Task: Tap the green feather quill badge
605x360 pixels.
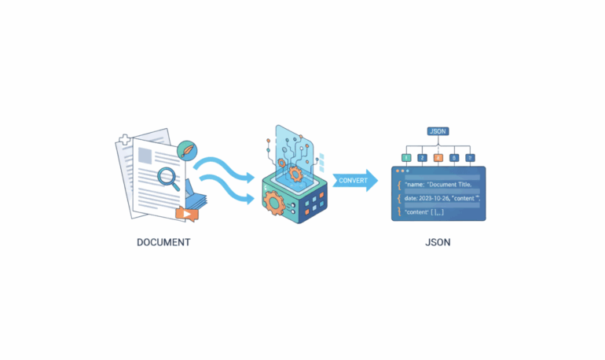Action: click(x=186, y=149)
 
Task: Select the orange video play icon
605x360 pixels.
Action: click(x=185, y=213)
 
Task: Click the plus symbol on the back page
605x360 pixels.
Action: click(x=124, y=142)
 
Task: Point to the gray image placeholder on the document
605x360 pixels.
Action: click(x=145, y=155)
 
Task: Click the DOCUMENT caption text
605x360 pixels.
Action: click(x=163, y=242)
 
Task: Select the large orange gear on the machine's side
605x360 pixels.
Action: click(x=276, y=202)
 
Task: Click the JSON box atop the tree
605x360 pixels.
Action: click(x=438, y=131)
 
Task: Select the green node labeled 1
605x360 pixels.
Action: click(x=406, y=158)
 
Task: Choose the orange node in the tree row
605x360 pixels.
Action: click(x=438, y=158)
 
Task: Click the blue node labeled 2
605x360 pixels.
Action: click(x=422, y=158)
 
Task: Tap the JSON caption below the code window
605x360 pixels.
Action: click(x=438, y=242)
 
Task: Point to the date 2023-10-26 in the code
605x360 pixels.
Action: click(x=434, y=198)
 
